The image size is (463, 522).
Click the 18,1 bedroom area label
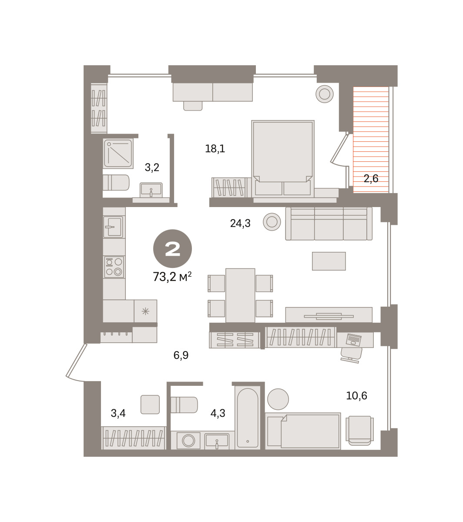coord(215,149)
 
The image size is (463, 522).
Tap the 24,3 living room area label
coord(240,223)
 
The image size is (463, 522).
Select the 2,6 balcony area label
coord(371,178)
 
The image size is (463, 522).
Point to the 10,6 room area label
coord(356,395)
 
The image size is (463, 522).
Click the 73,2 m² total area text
coord(172,277)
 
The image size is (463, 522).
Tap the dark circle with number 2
coord(172,249)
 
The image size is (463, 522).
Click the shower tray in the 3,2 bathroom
coord(118,154)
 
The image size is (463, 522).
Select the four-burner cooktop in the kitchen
coord(114,267)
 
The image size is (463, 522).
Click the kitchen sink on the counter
coord(113,227)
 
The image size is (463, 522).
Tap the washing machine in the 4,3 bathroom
coord(188,440)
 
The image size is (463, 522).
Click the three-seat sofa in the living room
coord(329,224)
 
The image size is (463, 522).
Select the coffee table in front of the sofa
coord(329,261)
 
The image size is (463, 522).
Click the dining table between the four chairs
coord(240,295)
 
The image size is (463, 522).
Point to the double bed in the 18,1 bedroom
coord(283,158)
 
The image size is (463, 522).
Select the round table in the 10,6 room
coord(278,399)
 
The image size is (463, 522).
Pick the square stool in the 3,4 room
coord(150,405)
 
